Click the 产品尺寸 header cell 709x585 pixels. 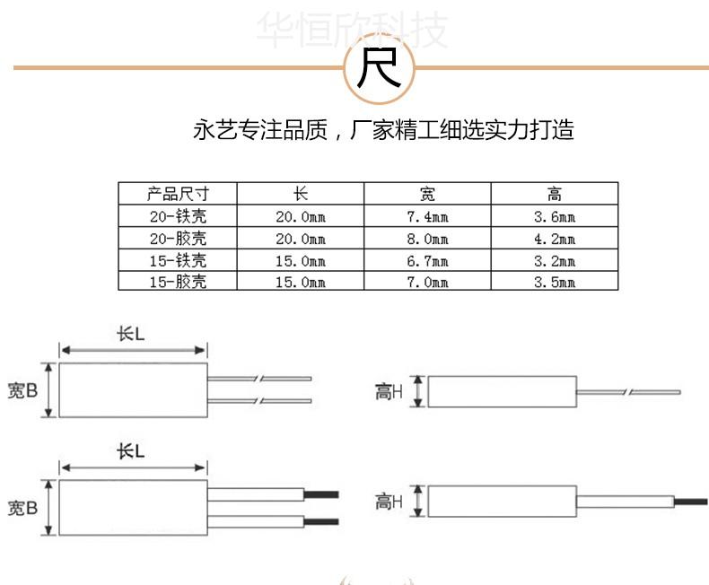[178, 194]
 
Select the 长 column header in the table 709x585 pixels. [300, 194]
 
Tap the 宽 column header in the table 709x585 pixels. [427, 194]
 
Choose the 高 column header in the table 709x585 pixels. [555, 194]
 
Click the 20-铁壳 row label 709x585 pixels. [178, 216]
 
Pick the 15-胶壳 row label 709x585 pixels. [178, 282]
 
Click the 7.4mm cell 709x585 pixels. [427, 216]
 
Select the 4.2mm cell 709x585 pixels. [555, 239]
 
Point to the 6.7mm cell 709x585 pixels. [427, 260]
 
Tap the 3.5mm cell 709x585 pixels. [555, 282]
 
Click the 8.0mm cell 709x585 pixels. [427, 239]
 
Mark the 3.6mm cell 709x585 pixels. [555, 216]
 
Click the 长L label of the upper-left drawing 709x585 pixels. [131, 333]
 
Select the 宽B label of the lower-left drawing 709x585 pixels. [22, 508]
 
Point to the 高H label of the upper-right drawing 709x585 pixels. [389, 391]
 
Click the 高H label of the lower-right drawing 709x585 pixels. [389, 502]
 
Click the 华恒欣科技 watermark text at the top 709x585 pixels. [351, 31]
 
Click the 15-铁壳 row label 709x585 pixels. [178, 260]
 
